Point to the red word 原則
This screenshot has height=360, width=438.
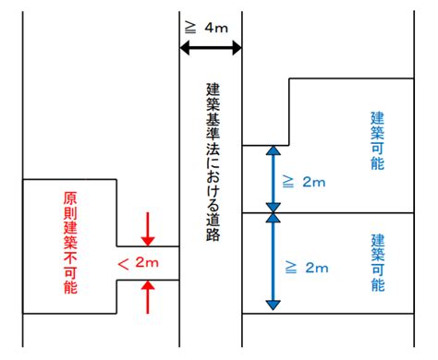coord(70,210)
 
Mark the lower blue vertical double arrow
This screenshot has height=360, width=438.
coord(272,262)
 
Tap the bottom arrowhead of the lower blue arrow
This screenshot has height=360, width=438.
coord(272,304)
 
